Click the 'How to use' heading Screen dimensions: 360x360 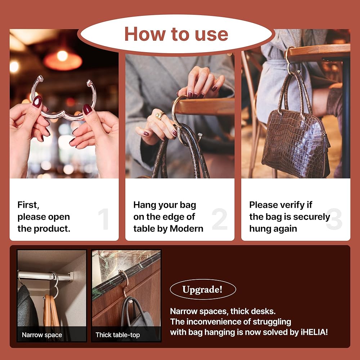(176, 34)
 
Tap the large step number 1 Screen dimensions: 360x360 (104, 219)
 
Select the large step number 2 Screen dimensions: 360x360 (220, 219)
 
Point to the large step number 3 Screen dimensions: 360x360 (334, 219)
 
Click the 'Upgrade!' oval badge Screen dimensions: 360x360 (203, 289)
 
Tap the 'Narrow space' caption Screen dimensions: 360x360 (42, 335)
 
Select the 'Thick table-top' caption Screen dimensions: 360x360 (118, 335)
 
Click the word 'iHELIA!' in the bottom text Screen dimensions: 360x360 (314, 332)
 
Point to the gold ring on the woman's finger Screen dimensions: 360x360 (160, 115)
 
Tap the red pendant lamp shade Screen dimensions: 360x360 (63, 60)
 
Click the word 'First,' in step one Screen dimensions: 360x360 (28, 205)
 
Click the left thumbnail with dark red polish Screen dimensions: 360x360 (37, 102)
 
